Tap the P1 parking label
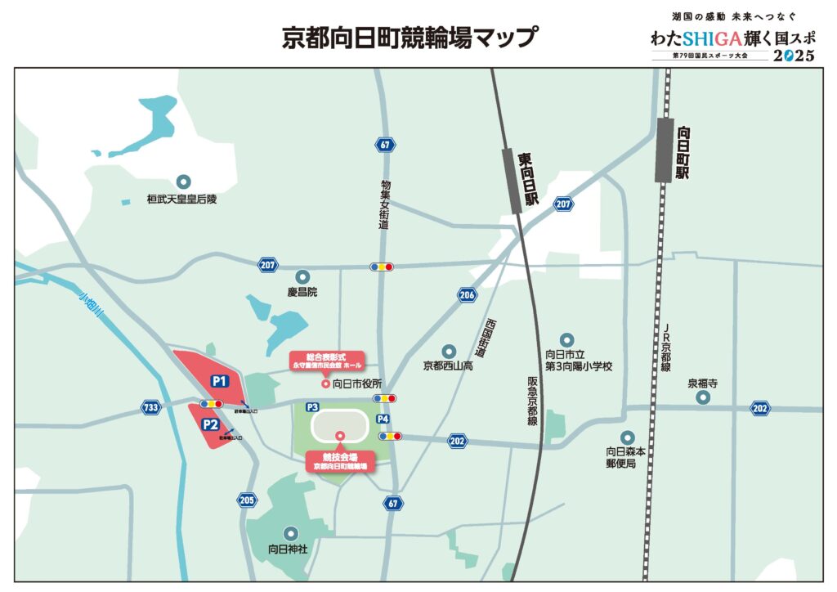[219, 381]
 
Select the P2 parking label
[210, 424]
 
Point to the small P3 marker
[312, 406]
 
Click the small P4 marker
[383, 419]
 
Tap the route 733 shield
[150, 406]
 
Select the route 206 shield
[467, 294]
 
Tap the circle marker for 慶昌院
[303, 276]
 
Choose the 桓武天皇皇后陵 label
[183, 199]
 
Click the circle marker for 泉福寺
[703, 397]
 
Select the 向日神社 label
[288, 549]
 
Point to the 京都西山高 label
[448, 366]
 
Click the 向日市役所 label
[357, 383]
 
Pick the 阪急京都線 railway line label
[532, 394]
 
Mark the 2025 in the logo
[794, 56]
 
